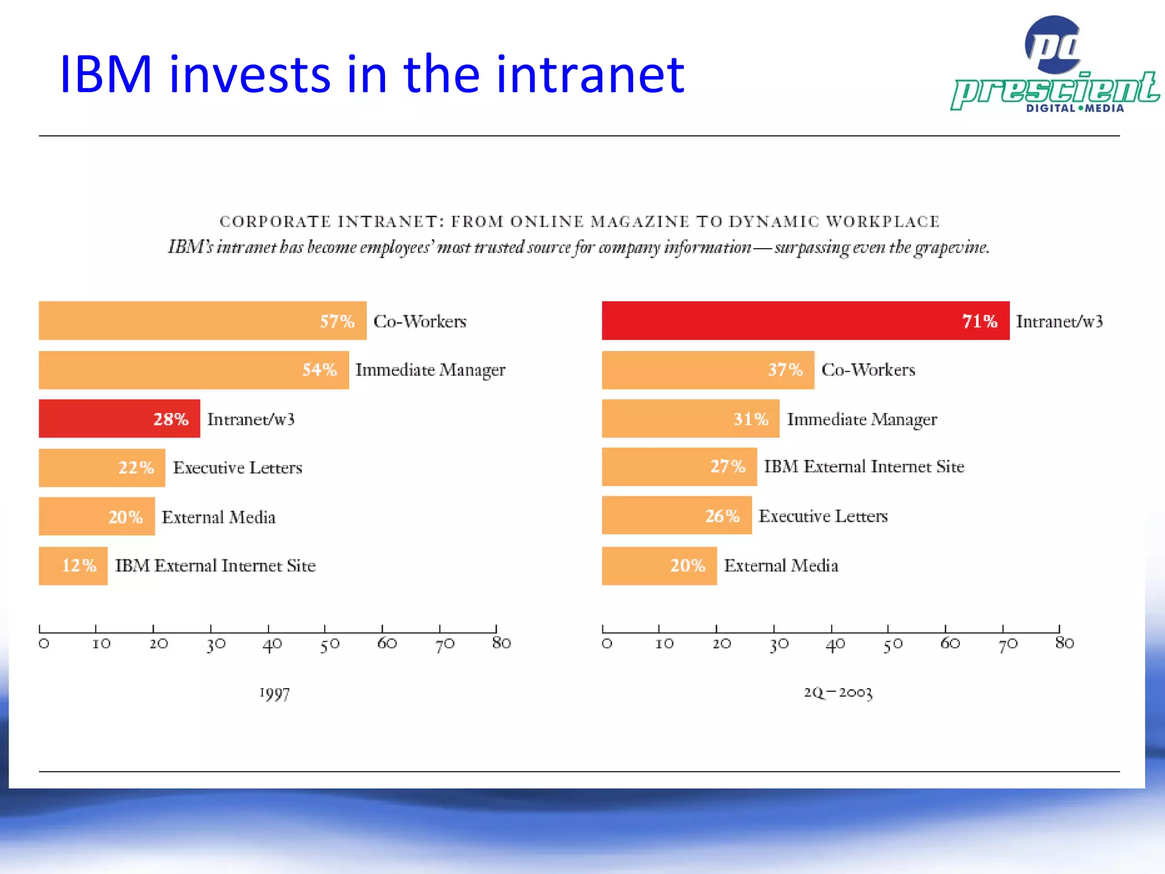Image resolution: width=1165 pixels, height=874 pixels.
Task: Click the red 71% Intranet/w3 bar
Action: tap(805, 320)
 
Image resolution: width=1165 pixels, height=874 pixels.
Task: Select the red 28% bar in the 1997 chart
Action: tap(119, 418)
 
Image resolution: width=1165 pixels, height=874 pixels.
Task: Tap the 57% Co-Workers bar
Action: tap(202, 320)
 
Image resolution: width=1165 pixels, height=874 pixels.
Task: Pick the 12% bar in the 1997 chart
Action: tap(73, 566)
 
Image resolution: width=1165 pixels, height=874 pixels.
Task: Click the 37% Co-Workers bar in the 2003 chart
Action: tap(708, 370)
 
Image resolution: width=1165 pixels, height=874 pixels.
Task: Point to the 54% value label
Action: tap(319, 370)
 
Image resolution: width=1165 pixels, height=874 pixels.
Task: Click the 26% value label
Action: tap(722, 516)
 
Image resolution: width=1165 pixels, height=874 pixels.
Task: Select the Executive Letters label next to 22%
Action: tap(237, 468)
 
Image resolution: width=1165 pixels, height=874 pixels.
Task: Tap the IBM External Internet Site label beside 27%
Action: tap(864, 467)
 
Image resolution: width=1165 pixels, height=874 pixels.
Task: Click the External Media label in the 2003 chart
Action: tap(780, 566)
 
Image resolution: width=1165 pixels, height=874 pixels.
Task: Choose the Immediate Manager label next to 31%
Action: tap(861, 419)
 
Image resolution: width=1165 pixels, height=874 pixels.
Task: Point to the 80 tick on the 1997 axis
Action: tap(501, 643)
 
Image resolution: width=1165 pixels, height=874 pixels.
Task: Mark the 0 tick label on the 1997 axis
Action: tap(44, 644)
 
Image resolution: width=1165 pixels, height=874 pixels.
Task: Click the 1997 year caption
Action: tap(274, 694)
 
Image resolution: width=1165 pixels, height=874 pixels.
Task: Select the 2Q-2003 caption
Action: tap(837, 692)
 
